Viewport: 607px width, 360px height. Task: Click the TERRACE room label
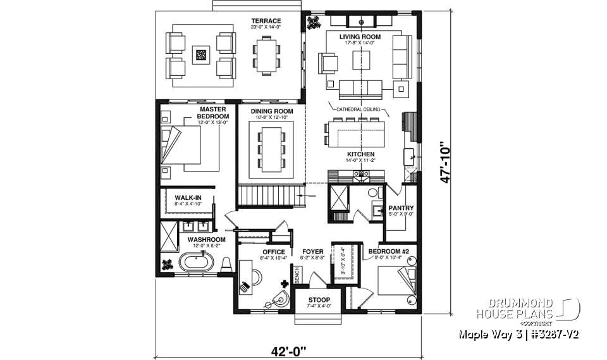266,21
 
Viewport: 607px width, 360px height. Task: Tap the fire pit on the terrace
202,55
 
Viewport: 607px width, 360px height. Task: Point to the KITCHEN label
360,154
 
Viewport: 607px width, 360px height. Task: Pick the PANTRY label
401,208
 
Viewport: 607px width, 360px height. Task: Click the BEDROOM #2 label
389,251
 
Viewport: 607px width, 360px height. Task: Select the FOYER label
312,252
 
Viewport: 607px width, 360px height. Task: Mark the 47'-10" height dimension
447,163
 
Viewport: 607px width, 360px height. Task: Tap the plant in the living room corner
312,23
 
